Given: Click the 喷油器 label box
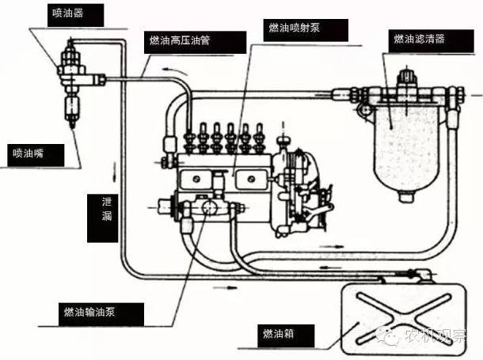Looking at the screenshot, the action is point(75,15).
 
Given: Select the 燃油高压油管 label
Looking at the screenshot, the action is point(195,42).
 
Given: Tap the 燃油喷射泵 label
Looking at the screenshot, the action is point(306,30).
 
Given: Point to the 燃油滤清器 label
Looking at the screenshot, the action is point(431,41).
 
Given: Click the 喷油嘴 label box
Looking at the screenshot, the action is point(36,155).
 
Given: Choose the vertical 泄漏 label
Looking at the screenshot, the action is point(103,218).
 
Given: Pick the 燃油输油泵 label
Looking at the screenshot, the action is point(101,314).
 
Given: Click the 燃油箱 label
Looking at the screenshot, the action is point(286,335).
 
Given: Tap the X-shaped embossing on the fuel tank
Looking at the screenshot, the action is point(404,318).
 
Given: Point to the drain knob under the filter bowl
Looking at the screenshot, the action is point(407,196).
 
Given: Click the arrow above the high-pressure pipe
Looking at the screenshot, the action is point(175,71).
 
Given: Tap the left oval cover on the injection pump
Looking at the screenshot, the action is point(196,179).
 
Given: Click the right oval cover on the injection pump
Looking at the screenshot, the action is point(251,179).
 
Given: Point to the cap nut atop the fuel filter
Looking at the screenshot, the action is point(407,77).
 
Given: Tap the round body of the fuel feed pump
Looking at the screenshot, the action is point(210,207).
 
